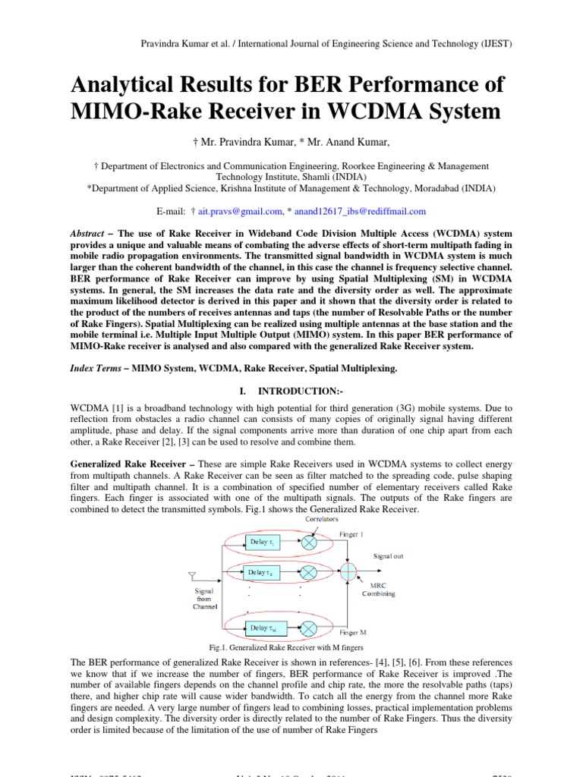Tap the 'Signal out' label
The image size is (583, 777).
pyautogui.click(x=388, y=556)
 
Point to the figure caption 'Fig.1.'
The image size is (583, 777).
pyautogui.click(x=219, y=647)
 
